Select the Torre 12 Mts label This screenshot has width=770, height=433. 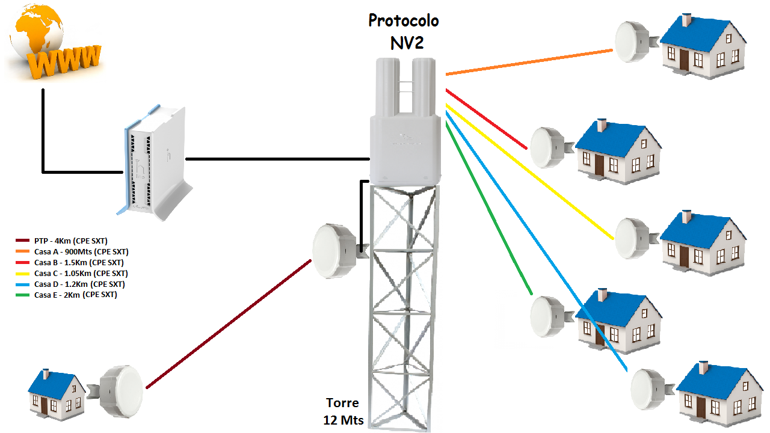click(x=342, y=411)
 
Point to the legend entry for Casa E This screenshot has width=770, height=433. click(x=75, y=295)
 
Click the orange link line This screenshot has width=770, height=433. click(x=529, y=63)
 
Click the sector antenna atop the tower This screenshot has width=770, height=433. click(x=404, y=120)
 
